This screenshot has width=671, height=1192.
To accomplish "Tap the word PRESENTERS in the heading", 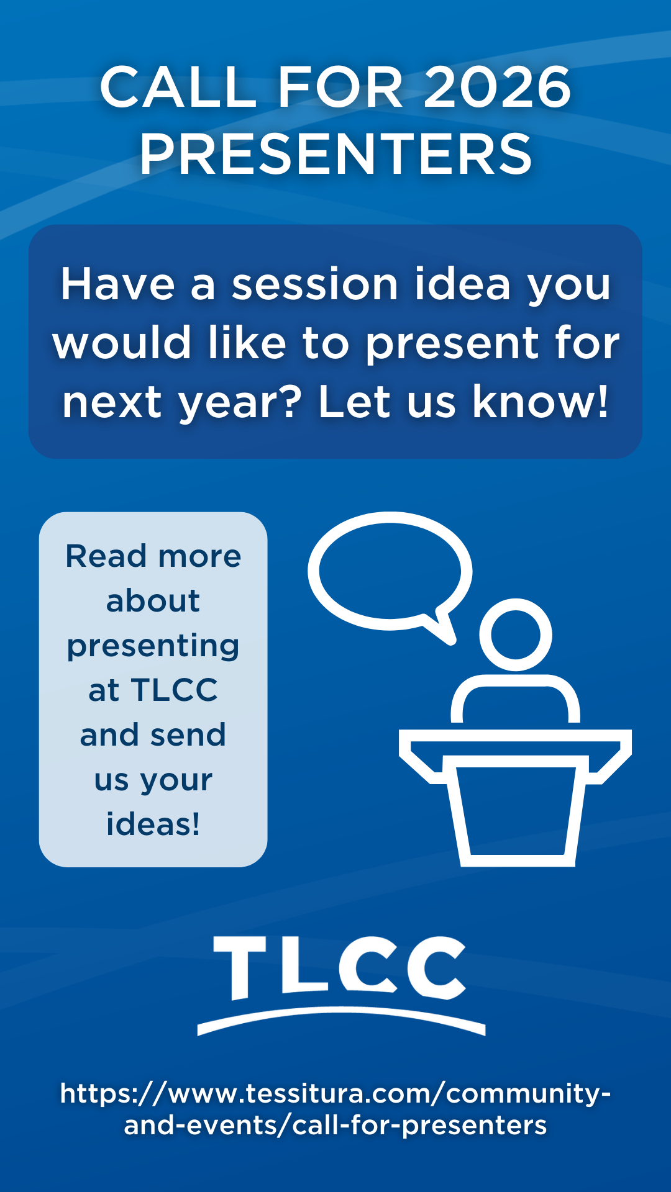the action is [335, 153].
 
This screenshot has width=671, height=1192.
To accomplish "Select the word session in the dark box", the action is [315, 284].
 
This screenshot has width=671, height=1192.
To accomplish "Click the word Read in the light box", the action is [106, 556].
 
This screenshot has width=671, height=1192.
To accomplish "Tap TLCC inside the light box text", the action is [175, 690].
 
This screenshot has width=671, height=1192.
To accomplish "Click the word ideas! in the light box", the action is [153, 824].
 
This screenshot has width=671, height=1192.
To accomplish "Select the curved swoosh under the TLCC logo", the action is [341, 1012].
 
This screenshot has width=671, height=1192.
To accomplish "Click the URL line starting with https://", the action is [335, 1093].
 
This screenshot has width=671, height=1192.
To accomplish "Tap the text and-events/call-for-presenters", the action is [335, 1125].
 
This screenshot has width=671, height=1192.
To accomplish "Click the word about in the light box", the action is [153, 600].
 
